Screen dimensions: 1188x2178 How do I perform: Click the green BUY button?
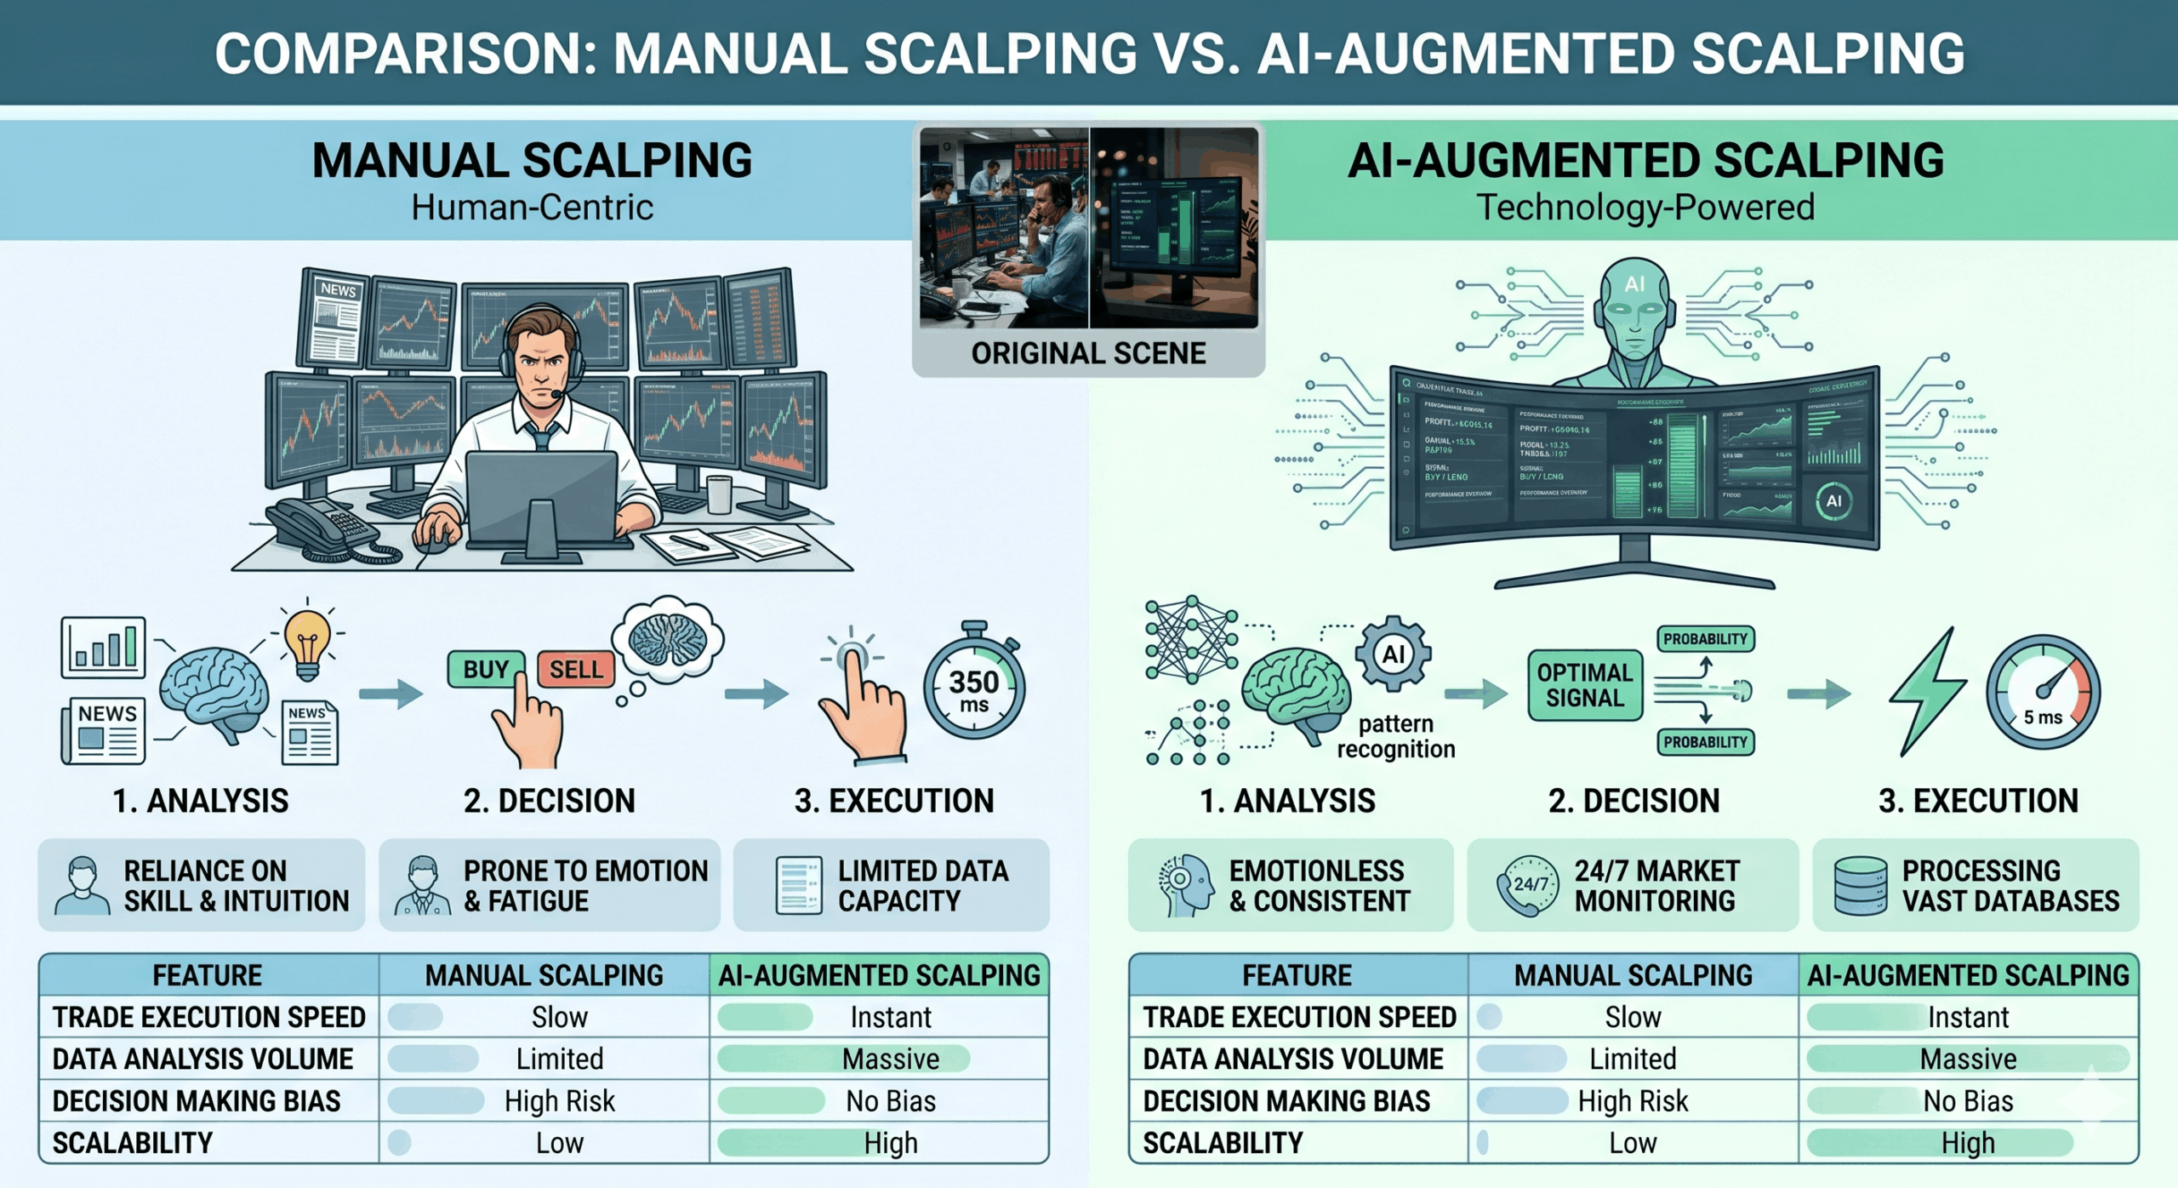tap(486, 670)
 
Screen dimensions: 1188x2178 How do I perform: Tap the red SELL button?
tap(575, 670)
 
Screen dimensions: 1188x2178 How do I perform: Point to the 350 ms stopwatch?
tap(974, 690)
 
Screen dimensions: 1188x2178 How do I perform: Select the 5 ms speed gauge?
tap(2043, 694)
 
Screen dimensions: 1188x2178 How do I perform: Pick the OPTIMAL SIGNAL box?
tap(1584, 685)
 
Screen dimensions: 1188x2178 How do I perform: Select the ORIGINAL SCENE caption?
tap(1088, 353)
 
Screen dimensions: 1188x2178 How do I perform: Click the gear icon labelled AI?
tap(1394, 654)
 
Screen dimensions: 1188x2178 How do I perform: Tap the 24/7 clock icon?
tap(1529, 885)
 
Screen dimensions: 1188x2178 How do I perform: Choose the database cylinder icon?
tap(1860, 885)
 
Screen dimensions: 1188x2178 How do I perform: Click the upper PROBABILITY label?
tap(1705, 639)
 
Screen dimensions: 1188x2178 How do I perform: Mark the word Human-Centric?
tap(532, 208)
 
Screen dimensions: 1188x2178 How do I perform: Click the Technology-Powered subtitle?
tap(1645, 208)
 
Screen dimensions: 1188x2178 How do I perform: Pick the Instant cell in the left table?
tap(890, 1017)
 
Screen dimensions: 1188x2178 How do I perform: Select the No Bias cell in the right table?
tap(1968, 1101)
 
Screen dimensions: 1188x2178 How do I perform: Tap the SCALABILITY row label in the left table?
tap(133, 1143)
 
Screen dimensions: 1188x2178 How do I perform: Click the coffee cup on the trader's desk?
tap(719, 494)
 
